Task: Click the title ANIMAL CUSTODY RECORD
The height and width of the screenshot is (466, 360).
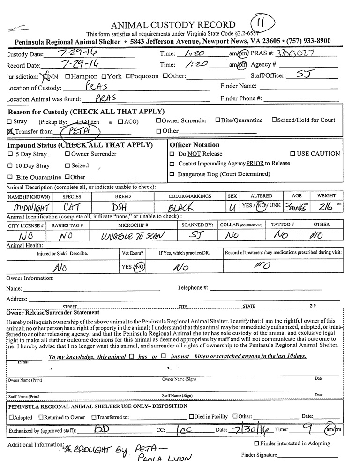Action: pyautogui.click(x=173, y=25)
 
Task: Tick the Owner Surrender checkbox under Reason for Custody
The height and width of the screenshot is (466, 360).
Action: pyautogui.click(x=158, y=120)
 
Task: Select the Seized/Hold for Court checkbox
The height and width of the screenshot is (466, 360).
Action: pyautogui.click(x=274, y=120)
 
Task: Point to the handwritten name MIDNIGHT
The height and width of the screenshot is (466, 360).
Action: pyautogui.click(x=28, y=207)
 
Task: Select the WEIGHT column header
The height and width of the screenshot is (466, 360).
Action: pyautogui.click(x=326, y=196)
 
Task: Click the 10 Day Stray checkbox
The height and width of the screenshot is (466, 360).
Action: pyautogui.click(x=10, y=165)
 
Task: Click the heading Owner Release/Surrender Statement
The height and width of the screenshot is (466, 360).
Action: pyautogui.click(x=52, y=312)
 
